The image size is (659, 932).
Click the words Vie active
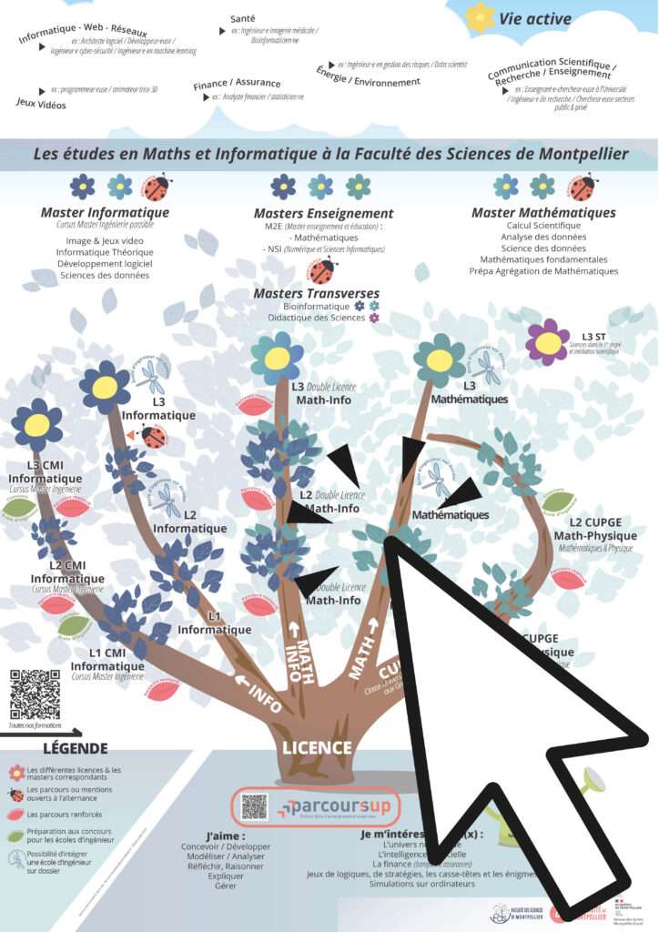[x=535, y=18]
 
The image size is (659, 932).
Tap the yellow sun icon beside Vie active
[x=480, y=17]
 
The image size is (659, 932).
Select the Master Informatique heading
[x=105, y=213]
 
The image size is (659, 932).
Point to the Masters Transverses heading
[x=316, y=293]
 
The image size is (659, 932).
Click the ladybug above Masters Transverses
[x=320, y=270]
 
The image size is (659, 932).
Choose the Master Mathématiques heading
[x=542, y=213]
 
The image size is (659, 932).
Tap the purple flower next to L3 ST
[x=548, y=342]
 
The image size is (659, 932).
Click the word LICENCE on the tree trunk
[x=316, y=748]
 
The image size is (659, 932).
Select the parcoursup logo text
[x=334, y=805]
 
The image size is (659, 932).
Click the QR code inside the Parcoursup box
[x=255, y=806]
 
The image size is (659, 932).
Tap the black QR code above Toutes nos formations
[x=35, y=694]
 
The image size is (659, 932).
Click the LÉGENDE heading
[x=67, y=748]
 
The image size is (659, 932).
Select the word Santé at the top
[x=242, y=17]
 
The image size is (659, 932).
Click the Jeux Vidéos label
[x=41, y=103]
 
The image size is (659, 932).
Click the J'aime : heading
[x=226, y=835]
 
